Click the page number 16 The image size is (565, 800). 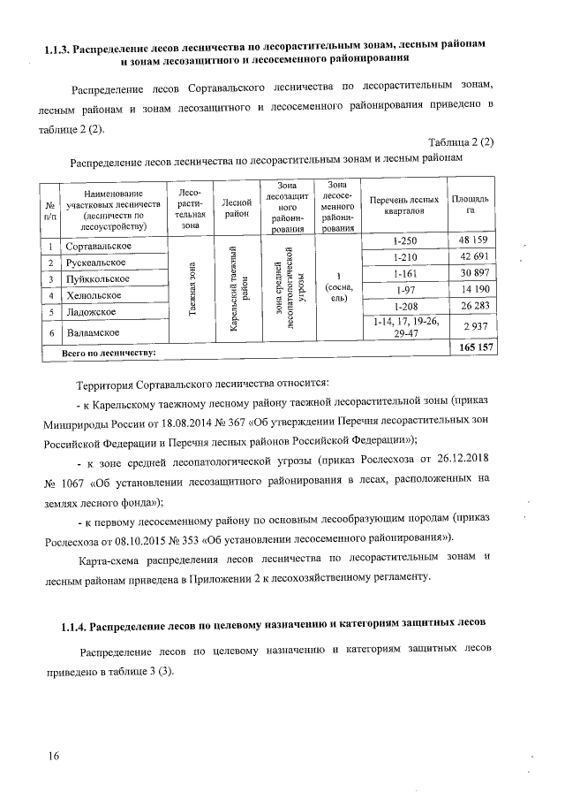(55, 756)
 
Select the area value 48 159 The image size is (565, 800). (473, 240)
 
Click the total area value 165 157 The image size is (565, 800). (472, 351)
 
